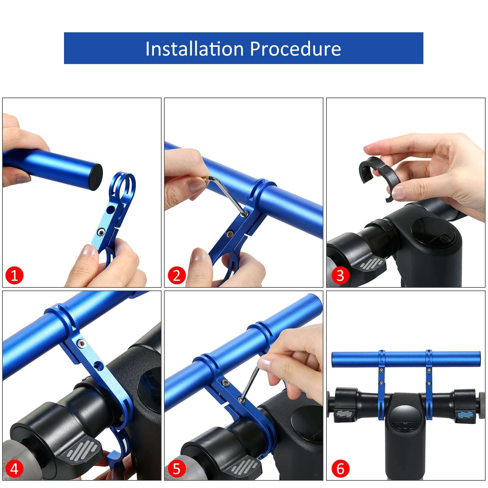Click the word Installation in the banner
click(194, 49)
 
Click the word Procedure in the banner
click(295, 49)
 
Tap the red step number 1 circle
click(14, 276)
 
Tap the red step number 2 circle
click(176, 276)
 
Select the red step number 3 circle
click(340, 276)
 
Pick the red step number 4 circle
click(14, 468)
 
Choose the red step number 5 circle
click(176, 468)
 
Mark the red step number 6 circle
click(340, 468)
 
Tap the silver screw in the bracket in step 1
click(100, 233)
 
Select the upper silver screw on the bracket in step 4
click(81, 344)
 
